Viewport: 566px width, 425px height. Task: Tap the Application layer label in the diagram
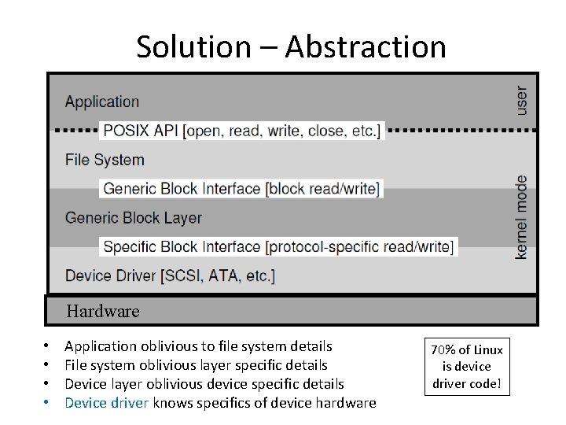(102, 102)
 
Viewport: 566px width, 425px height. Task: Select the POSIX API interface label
(241, 130)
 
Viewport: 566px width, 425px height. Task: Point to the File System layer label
(105, 160)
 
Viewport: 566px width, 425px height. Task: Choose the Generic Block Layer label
(134, 218)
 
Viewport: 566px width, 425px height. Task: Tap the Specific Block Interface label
(278, 246)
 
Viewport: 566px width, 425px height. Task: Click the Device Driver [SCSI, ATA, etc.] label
(170, 275)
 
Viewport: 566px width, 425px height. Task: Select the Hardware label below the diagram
(103, 311)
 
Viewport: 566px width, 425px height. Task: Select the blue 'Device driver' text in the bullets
(107, 403)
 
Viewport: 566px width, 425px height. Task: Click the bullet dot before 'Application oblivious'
(47, 346)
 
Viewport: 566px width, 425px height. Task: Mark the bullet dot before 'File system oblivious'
(47, 365)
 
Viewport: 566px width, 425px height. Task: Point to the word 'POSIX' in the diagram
(128, 130)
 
